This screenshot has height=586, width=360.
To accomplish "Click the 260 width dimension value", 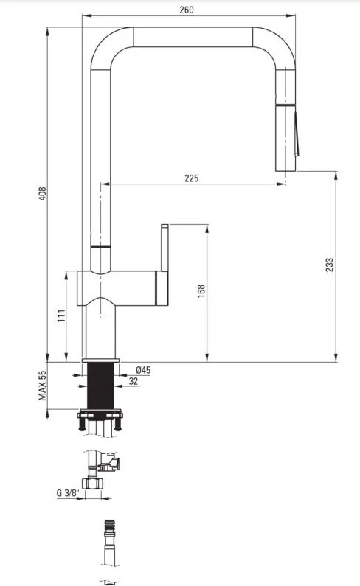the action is pyautogui.click(x=187, y=10).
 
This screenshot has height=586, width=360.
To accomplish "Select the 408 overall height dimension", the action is pyautogui.click(x=43, y=194).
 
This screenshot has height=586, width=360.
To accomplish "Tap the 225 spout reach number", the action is pyautogui.click(x=191, y=178).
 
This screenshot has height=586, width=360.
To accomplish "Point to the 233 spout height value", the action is pyautogui.click(x=329, y=265).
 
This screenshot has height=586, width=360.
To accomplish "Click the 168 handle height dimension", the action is pyautogui.click(x=201, y=290).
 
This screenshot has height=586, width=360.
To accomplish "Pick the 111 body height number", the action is pyautogui.click(x=62, y=315).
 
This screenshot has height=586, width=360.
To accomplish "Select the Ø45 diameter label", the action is pyautogui.click(x=143, y=370).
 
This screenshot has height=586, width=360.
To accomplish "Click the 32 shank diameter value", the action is pyautogui.click(x=134, y=381).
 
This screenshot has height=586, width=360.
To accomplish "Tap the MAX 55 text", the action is pyautogui.click(x=42, y=386).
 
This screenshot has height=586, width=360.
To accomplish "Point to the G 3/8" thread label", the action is pyautogui.click(x=68, y=493).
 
